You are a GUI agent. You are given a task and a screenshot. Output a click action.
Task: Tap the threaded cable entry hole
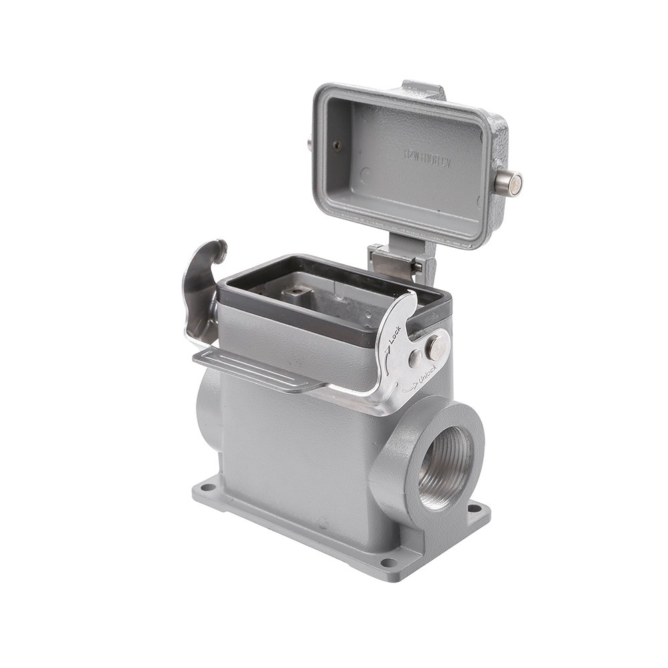click(x=446, y=467)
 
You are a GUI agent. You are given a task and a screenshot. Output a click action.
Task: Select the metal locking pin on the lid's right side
click(x=509, y=182)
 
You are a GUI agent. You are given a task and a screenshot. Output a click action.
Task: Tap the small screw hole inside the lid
click(x=337, y=146)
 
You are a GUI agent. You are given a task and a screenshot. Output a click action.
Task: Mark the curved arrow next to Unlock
click(x=409, y=386)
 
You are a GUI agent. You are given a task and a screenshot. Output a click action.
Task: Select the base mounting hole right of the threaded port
click(x=475, y=508)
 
